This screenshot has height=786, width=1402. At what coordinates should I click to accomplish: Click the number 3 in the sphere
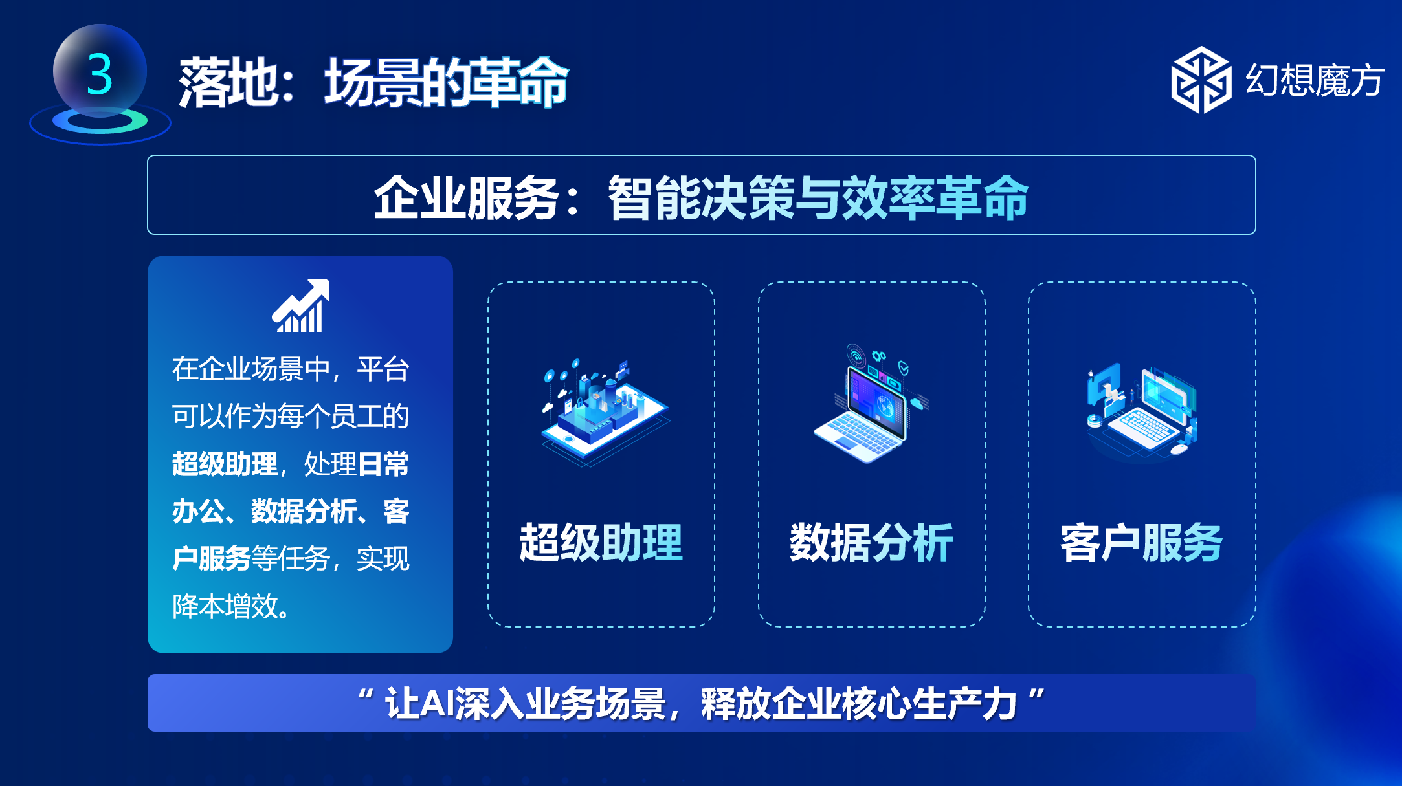pyautogui.click(x=100, y=74)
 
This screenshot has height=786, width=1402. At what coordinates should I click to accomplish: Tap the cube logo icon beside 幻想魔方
pyautogui.click(x=1201, y=80)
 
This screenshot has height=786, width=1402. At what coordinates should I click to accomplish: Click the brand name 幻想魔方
pyautogui.click(x=1315, y=80)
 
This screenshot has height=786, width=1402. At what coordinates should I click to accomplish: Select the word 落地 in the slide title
pyautogui.click(x=228, y=82)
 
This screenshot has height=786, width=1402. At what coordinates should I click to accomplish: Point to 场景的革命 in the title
pyautogui.click(x=447, y=82)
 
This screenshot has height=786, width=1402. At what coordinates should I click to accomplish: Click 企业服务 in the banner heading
pyautogui.click(x=466, y=198)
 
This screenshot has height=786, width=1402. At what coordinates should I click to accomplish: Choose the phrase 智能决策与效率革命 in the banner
pyautogui.click(x=818, y=198)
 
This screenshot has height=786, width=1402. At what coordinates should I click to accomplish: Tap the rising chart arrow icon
pyautogui.click(x=300, y=306)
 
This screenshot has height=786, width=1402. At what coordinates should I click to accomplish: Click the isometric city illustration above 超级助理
pyautogui.click(x=604, y=413)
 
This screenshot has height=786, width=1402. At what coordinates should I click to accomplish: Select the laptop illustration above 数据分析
pyautogui.click(x=871, y=404)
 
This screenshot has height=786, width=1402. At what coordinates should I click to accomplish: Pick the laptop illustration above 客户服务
pyautogui.click(x=1142, y=411)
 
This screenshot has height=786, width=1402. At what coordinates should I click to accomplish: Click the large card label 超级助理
pyautogui.click(x=601, y=542)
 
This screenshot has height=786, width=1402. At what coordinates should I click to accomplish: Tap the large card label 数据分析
pyautogui.click(x=871, y=542)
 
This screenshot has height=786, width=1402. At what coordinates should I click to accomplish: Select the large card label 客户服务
pyautogui.click(x=1141, y=542)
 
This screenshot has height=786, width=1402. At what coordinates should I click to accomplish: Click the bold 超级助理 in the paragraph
pyautogui.click(x=225, y=464)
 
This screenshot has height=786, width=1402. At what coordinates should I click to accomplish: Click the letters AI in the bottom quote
pyautogui.click(x=436, y=703)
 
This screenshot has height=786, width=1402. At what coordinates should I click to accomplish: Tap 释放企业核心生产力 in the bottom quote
pyautogui.click(x=859, y=703)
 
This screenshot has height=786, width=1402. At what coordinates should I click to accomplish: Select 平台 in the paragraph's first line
pyautogui.click(x=383, y=369)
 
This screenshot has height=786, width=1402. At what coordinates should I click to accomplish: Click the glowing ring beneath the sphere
pyautogui.click(x=100, y=121)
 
